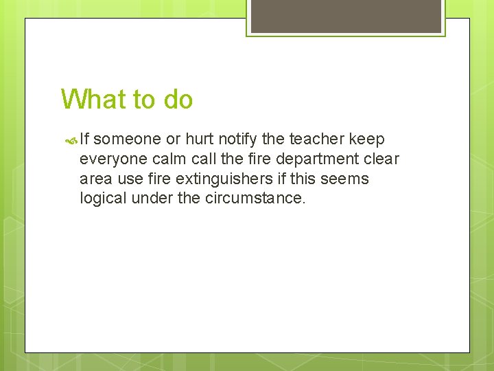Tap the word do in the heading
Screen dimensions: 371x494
coord(178,100)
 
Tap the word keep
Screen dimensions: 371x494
coord(367,139)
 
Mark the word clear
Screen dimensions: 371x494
coord(381,159)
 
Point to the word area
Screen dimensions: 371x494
coord(95,179)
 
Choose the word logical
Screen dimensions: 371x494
coord(102,199)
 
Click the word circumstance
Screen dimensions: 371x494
coord(255,199)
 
